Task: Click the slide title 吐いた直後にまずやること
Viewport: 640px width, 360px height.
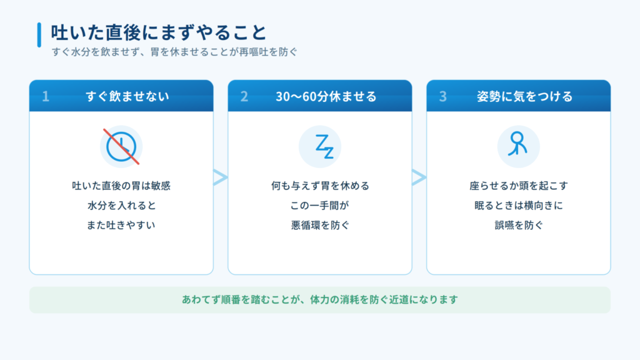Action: pyautogui.click(x=158, y=32)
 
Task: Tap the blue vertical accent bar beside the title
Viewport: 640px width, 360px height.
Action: pyautogui.click(x=39, y=35)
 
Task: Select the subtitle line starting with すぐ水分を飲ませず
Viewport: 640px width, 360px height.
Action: pyautogui.click(x=175, y=52)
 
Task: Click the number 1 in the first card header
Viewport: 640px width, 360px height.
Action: pyautogui.click(x=46, y=96)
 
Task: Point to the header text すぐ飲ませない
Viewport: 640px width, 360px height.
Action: pyautogui.click(x=127, y=96)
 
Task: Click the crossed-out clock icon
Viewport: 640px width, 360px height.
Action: pyautogui.click(x=121, y=146)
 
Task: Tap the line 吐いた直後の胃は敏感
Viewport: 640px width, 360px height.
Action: pyautogui.click(x=121, y=186)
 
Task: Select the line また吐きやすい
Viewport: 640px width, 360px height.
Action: pyautogui.click(x=121, y=225)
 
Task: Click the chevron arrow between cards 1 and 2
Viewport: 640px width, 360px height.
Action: pyautogui.click(x=221, y=177)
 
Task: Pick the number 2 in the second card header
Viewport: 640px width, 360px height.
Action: pyautogui.click(x=244, y=96)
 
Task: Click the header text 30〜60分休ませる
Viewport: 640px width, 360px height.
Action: pyautogui.click(x=326, y=96)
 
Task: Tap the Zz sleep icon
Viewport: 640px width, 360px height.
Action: pyautogui.click(x=325, y=146)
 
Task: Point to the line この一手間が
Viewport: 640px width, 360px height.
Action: pyautogui.click(x=319, y=205)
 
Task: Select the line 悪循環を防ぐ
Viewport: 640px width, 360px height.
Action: pyautogui.click(x=319, y=225)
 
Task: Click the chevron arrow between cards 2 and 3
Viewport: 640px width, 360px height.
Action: pyautogui.click(x=419, y=177)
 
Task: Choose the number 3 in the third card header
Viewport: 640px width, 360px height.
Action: pyautogui.click(x=443, y=96)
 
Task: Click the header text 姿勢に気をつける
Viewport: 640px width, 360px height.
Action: pyautogui.click(x=525, y=96)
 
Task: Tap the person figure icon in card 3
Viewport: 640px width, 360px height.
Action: pyautogui.click(x=517, y=144)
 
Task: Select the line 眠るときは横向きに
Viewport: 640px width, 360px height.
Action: pyautogui.click(x=518, y=205)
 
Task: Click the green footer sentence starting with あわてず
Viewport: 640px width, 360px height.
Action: pyautogui.click(x=320, y=299)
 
